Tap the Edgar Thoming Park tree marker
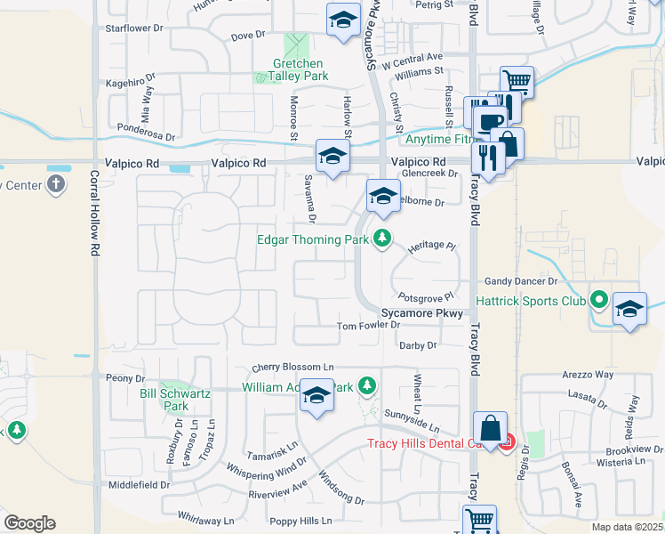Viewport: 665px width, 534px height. pos(382,239)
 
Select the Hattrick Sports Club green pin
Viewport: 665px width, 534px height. pos(598,301)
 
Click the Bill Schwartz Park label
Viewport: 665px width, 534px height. pos(164,399)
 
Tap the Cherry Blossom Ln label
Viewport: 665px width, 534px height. pos(292,368)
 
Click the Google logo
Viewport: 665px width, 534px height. pos(29,523)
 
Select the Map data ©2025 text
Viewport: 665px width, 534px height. pos(627,527)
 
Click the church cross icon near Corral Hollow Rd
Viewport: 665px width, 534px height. pos(55,185)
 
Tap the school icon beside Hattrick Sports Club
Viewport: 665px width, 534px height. pos(629,308)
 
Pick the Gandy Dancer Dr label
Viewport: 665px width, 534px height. pos(520,281)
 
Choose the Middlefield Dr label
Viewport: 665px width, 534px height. pos(139,485)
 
